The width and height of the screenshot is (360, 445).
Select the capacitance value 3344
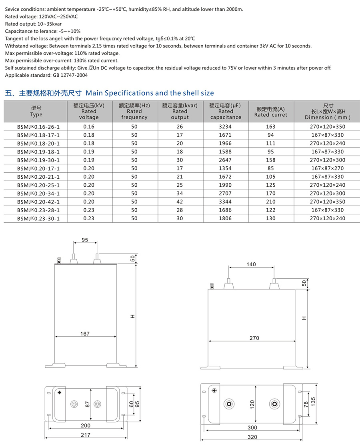[x=226, y=202]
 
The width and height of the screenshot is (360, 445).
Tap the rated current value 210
[x=271, y=202]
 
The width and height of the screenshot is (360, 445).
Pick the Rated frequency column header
[x=134, y=111]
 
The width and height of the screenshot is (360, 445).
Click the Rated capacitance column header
[x=226, y=111]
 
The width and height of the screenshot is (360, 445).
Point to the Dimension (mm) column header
[x=328, y=111]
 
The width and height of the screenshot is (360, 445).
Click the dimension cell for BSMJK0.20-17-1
[x=328, y=168]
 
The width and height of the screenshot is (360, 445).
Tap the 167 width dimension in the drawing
[x=85, y=333]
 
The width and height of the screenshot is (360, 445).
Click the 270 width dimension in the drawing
[x=254, y=338]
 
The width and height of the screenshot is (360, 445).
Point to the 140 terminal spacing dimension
[x=251, y=264]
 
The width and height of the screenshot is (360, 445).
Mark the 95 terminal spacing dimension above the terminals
[x=85, y=240]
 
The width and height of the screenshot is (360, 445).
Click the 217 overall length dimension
[x=86, y=435]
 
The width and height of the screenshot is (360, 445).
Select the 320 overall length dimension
[x=252, y=437]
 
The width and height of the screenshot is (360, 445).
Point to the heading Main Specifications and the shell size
[x=150, y=93]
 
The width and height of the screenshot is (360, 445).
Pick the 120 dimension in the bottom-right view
[x=252, y=404]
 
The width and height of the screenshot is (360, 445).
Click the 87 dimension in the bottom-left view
[x=87, y=404]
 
